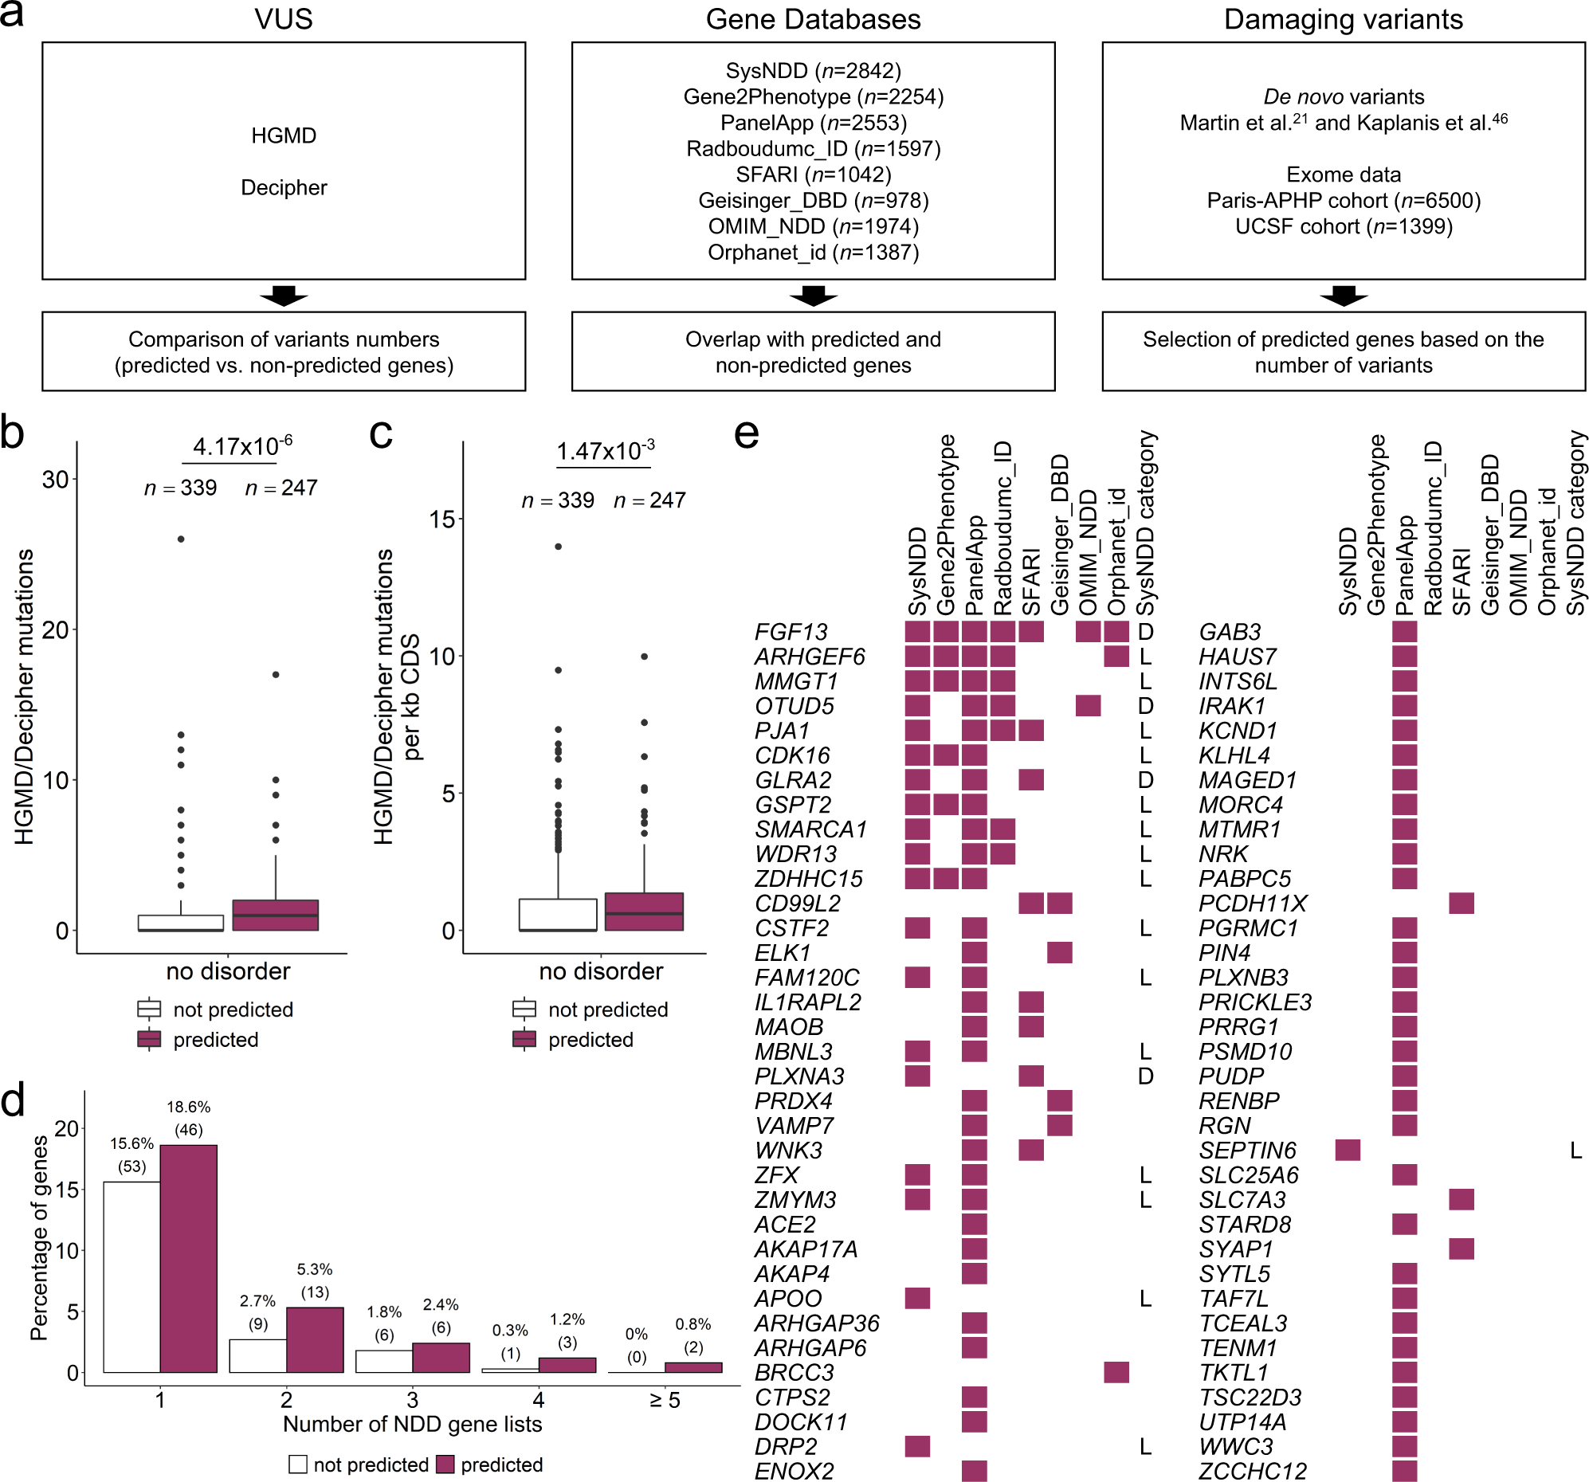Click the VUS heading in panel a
(x=283, y=19)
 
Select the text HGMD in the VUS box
(x=283, y=136)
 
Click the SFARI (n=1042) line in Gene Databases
(x=813, y=174)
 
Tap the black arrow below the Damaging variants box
(x=1343, y=296)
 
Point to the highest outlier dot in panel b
(x=182, y=539)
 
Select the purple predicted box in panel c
(x=643, y=912)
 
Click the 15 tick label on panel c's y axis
(x=442, y=519)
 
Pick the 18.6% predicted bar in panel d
(x=189, y=1258)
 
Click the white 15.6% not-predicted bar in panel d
(x=131, y=1276)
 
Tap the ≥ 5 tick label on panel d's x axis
(x=665, y=1400)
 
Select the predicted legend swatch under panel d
(x=446, y=1464)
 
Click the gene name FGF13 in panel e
(x=791, y=633)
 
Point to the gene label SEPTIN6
(x=1247, y=1151)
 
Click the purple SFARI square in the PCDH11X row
(x=1461, y=904)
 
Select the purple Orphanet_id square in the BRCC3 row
(x=1116, y=1373)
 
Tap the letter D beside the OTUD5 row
(x=1145, y=706)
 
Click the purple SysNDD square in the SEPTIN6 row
(x=1348, y=1151)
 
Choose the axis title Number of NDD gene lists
(x=413, y=1424)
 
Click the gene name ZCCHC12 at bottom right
(x=1253, y=1471)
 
